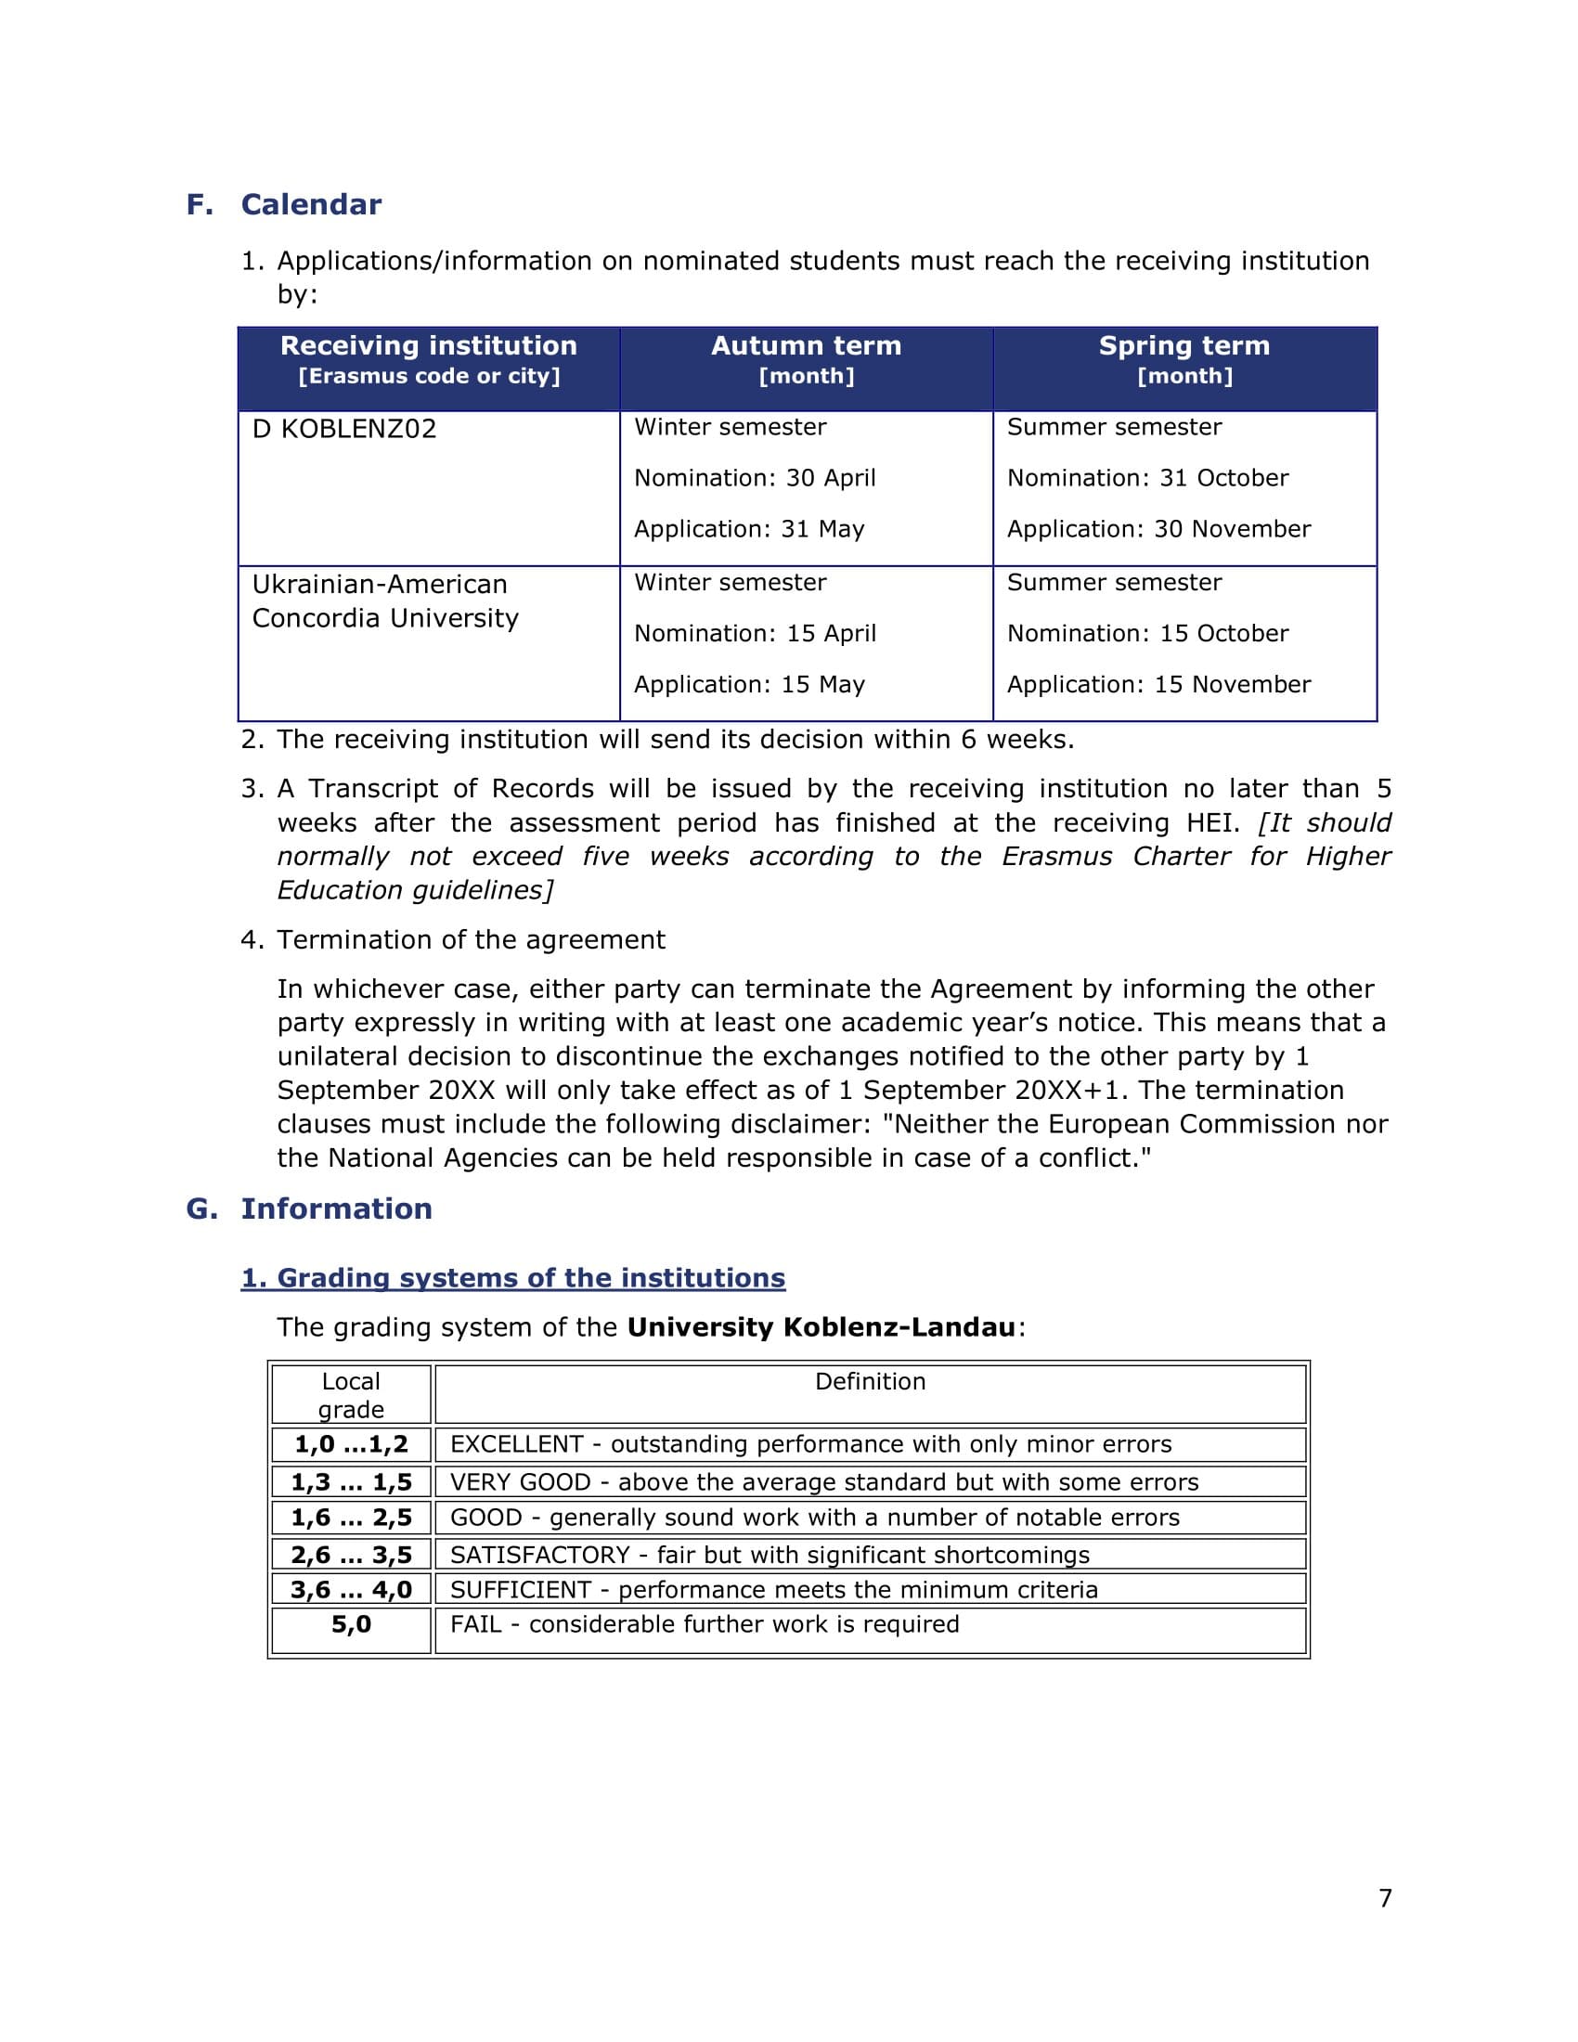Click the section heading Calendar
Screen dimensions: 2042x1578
310,205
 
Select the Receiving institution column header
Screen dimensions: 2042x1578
428,359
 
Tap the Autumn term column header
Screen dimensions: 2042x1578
806,359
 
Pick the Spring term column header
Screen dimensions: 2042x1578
1183,359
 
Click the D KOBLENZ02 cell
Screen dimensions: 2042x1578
344,429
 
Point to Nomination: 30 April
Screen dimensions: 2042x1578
755,479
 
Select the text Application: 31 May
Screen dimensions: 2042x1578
749,529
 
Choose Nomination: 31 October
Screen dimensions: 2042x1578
1147,479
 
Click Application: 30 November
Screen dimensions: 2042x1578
1158,529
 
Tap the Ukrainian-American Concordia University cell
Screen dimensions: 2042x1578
384,601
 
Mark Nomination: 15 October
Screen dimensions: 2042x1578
1147,634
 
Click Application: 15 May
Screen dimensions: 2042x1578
749,684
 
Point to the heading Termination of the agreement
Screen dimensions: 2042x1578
471,939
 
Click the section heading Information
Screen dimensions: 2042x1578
337,1208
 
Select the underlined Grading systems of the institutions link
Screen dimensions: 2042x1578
513,1278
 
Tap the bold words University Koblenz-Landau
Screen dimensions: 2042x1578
821,1327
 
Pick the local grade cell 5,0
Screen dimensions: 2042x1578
351,1624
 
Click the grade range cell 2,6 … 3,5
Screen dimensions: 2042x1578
351,1555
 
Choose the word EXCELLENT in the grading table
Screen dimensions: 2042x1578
516,1444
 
